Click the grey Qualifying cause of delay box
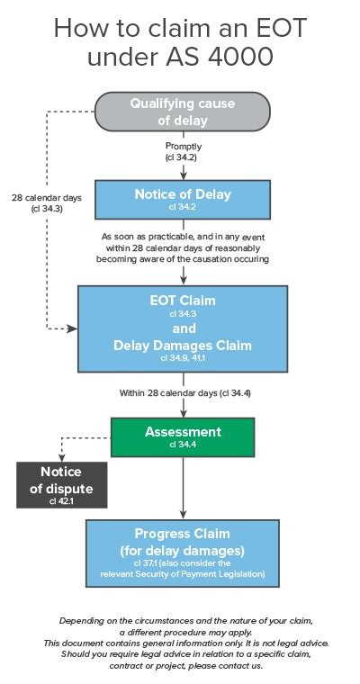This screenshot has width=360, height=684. pos(183,111)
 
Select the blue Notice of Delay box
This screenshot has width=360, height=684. pos(183,199)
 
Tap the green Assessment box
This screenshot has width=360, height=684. pos(183,436)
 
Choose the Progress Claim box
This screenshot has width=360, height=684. pos(183,552)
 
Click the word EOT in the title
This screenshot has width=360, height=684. pos(273,28)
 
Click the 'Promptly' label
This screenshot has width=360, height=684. pos(183,147)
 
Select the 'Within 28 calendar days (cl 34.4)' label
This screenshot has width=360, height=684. pos(183,393)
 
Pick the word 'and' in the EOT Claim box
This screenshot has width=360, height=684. pos(183,328)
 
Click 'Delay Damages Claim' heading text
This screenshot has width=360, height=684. pos(183,345)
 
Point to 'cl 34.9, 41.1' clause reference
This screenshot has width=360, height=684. pos(183,358)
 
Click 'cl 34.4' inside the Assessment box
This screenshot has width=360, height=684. pos(183,445)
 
